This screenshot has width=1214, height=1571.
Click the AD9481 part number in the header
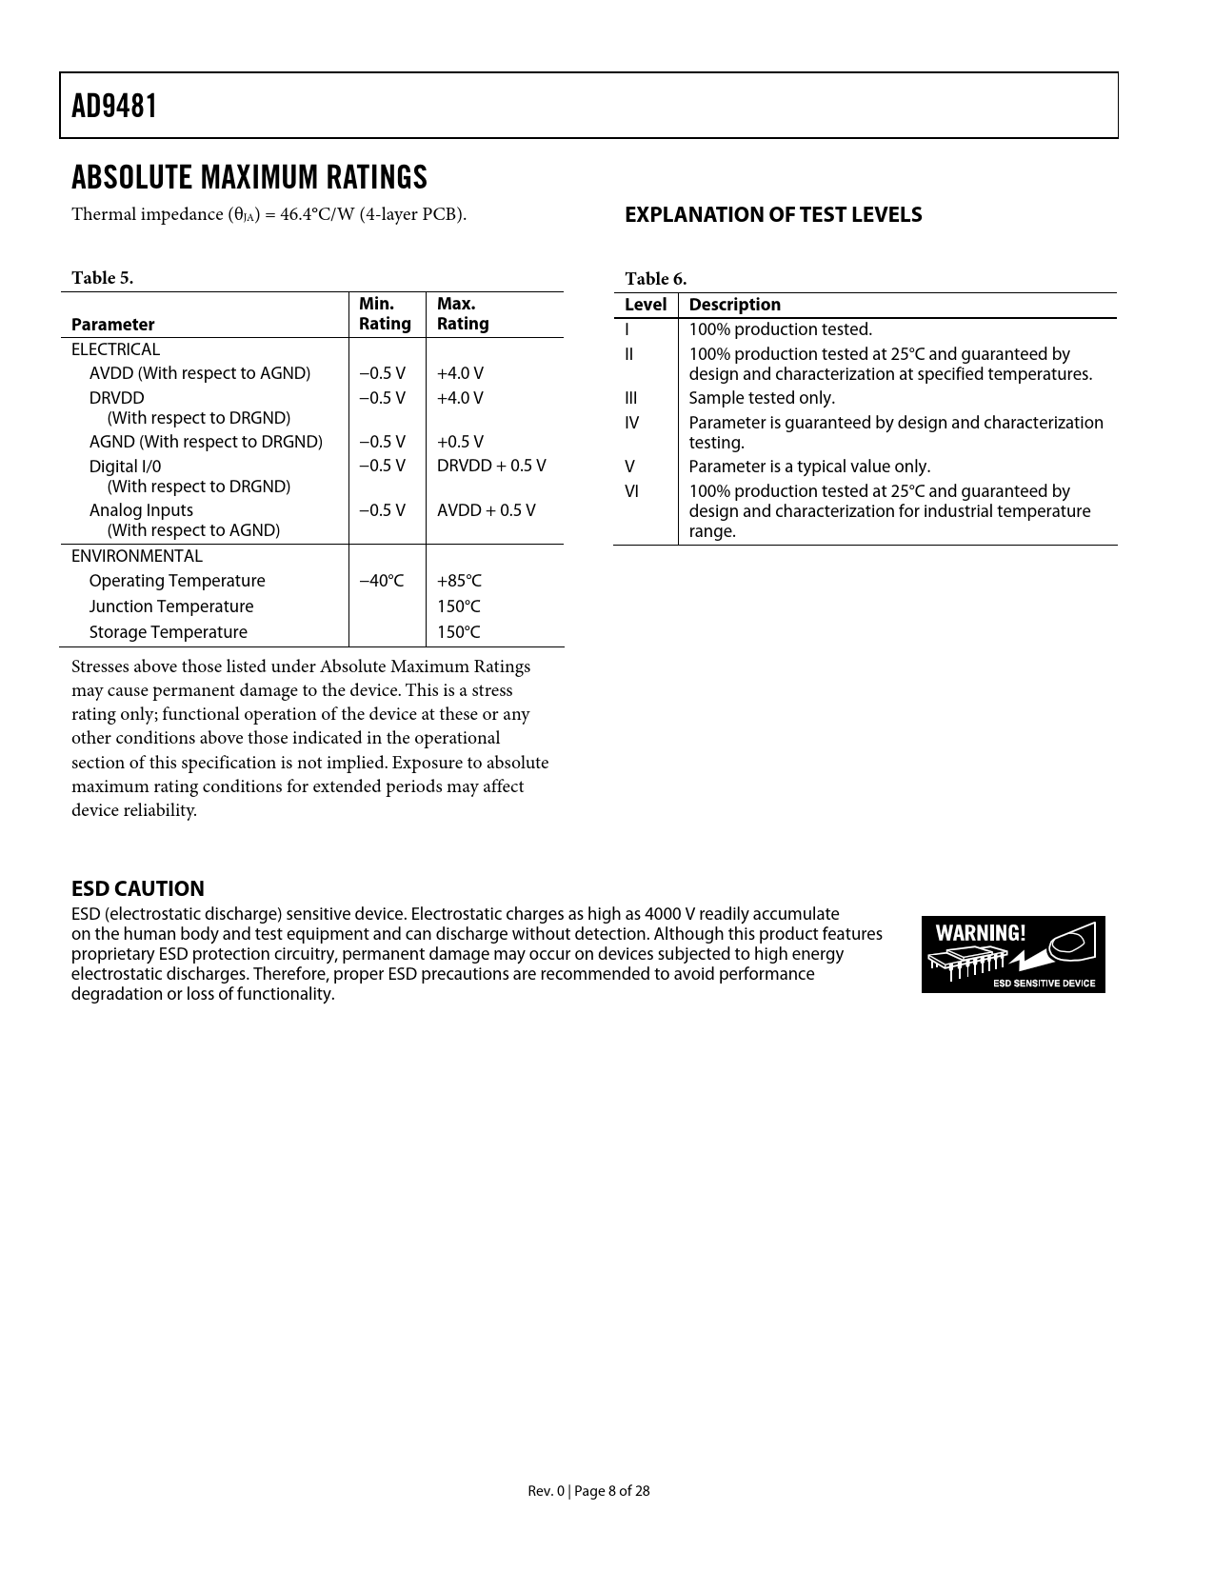click(114, 106)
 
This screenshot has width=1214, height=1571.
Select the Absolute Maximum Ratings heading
click(249, 177)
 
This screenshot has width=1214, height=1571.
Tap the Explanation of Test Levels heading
click(773, 215)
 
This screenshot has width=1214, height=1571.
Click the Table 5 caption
click(103, 278)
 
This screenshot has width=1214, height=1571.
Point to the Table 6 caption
click(655, 279)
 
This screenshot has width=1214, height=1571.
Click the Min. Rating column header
click(385, 314)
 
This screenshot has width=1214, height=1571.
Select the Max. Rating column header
click(463, 314)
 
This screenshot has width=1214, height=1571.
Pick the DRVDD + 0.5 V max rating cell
click(491, 466)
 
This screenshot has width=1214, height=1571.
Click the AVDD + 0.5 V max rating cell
click(486, 510)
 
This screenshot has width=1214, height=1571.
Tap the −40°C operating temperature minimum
click(381, 581)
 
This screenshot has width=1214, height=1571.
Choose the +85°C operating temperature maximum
click(459, 581)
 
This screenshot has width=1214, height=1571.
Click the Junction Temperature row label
click(171, 607)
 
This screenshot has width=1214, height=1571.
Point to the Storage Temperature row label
click(168, 632)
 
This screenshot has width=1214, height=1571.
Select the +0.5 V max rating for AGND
click(460, 442)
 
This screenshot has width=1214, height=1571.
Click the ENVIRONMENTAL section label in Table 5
click(137, 556)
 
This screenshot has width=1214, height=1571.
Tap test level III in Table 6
click(631, 398)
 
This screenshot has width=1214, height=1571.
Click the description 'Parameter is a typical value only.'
click(809, 467)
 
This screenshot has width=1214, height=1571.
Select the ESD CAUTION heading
click(138, 888)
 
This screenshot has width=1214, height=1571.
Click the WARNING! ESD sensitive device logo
click(1013, 954)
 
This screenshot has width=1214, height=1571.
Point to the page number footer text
click(588, 1491)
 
